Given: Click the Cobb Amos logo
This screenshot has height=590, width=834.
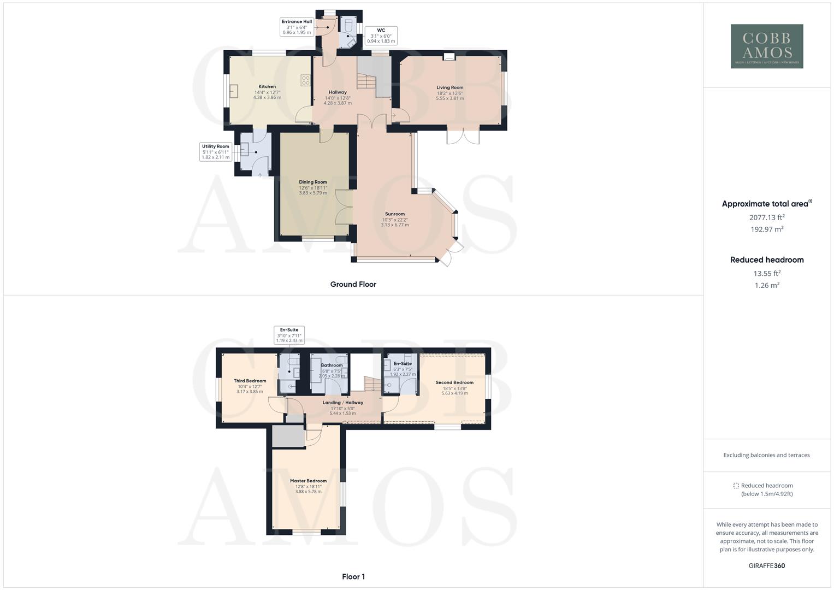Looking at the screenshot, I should coord(767,46).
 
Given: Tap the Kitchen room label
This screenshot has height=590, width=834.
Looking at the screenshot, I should coord(267,86).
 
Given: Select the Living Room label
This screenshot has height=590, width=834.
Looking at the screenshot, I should coord(449,87).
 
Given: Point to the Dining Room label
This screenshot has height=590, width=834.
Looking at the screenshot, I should coord(313,182).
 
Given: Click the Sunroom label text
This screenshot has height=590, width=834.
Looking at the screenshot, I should coord(395,214).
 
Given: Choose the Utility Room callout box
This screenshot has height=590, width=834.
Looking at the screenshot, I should coord(216,152).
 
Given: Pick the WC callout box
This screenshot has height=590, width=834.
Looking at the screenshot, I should coord(381,36).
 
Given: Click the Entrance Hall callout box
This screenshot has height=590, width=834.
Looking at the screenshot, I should coord(297,27).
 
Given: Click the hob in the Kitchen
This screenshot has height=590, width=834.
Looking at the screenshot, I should coord(305,80).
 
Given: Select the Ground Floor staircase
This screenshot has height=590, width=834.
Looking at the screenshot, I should coord(368,82).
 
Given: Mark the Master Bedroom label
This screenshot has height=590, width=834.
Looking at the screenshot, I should coord(308,481).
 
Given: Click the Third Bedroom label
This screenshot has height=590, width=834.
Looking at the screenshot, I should coord(250,381).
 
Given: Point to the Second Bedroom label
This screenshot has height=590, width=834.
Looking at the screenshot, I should coord(454,382).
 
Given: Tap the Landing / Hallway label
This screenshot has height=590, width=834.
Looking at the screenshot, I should coord(342,403).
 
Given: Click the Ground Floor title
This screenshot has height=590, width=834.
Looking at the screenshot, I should coord(353,284).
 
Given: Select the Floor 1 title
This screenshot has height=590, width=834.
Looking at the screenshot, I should coord(353,576).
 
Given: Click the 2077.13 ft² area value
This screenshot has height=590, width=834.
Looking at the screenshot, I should coord(767,217).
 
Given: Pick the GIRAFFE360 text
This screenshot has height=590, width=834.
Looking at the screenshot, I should coord(767,565).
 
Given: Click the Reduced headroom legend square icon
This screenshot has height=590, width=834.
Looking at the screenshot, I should coord(736,486).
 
